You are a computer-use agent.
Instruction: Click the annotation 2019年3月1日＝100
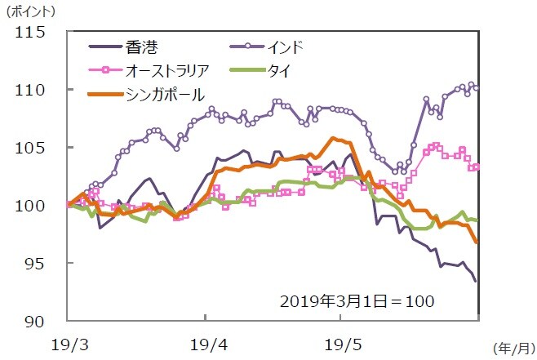357,300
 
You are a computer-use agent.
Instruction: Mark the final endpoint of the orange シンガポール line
477,242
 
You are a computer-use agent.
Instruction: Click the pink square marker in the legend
104,71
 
